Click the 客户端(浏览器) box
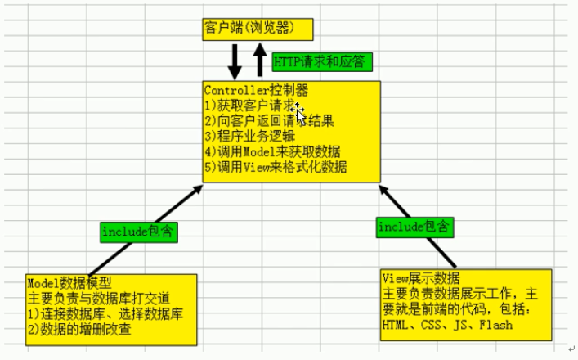point(258,29)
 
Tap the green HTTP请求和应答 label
point(321,61)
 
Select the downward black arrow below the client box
point(235,59)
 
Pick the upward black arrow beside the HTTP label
point(259,61)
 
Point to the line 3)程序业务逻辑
point(252,136)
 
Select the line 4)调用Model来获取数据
point(272,151)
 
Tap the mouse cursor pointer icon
point(301,115)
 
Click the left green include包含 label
point(139,232)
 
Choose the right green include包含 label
point(413,226)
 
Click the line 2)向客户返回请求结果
point(269,120)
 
